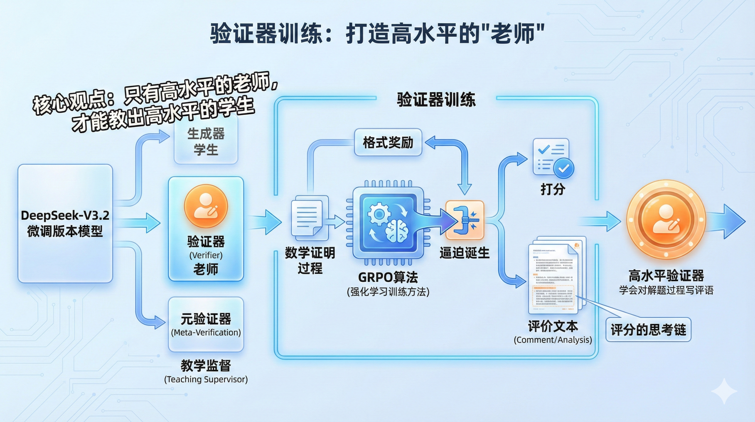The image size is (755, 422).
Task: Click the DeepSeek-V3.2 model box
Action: coord(65,223)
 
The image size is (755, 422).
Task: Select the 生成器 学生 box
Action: coord(206,142)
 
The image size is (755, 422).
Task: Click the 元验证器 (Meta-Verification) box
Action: coord(206,324)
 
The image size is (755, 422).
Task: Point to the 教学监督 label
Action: coord(206,366)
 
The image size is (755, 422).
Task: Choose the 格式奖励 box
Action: coord(388,143)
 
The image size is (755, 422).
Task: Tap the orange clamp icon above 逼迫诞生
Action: coord(464,220)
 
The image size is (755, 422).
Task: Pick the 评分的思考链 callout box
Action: coord(648,330)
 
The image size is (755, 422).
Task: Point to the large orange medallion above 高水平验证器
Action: coord(666,220)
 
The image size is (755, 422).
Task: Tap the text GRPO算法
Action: coord(388,277)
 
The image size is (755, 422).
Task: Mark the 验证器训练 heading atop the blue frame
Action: coord(436,99)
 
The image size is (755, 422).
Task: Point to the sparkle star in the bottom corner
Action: coord(724,391)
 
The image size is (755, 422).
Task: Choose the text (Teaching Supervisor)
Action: coord(206,379)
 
